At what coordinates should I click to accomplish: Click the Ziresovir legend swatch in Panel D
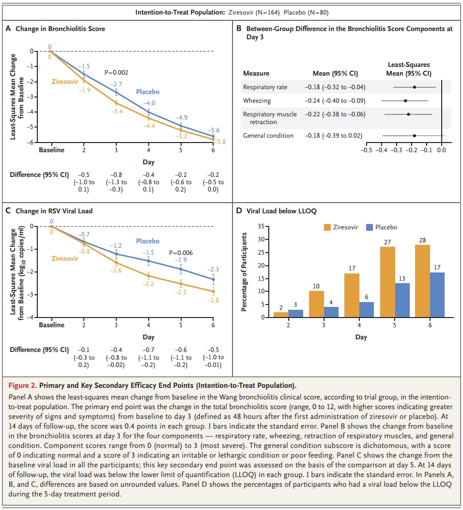[x=328, y=227]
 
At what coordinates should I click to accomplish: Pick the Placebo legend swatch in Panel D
[x=370, y=227]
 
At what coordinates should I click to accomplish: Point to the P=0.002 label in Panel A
[x=116, y=73]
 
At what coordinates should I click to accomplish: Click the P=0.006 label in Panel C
[x=181, y=253]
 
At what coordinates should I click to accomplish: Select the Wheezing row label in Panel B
[x=257, y=101]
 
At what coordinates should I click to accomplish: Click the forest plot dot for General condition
[x=414, y=136]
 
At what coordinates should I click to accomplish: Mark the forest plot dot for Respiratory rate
[x=415, y=87]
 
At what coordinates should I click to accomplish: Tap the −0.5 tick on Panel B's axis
[x=367, y=150]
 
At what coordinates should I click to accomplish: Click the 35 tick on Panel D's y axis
[x=260, y=226]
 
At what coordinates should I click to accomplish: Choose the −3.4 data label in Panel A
[x=117, y=112]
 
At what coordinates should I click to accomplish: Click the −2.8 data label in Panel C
[x=213, y=301]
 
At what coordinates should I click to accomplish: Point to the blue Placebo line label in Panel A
[x=147, y=92]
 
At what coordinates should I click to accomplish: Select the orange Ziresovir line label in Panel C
[x=64, y=258]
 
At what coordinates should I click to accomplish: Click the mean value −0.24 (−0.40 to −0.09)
[x=335, y=101]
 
